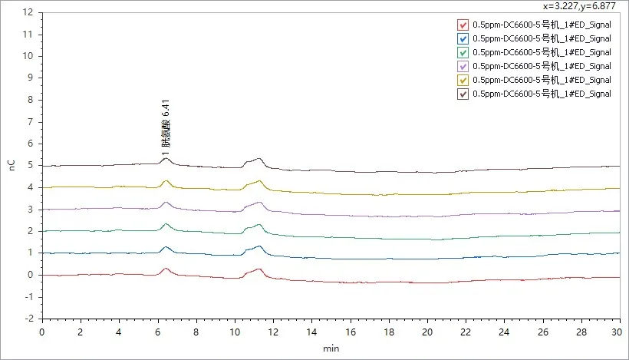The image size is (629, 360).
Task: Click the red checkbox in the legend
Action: [x=463, y=24]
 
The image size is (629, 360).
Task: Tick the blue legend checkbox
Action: [x=463, y=38]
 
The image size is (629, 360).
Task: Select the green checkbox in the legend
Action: [x=463, y=52]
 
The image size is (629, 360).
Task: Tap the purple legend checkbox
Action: [x=463, y=66]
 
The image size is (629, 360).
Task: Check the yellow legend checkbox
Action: [x=463, y=80]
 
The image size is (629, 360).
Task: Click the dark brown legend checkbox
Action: [x=463, y=94]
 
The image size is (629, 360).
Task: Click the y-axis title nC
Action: [x=11, y=165]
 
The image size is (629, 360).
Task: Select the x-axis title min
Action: [x=331, y=348]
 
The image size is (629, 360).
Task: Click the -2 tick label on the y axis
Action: [x=28, y=318]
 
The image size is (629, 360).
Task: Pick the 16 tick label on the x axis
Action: [x=350, y=332]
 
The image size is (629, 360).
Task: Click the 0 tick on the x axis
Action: [x=41, y=332]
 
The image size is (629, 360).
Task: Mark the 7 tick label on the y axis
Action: [x=31, y=121]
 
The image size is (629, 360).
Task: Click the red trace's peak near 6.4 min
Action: [x=166, y=269]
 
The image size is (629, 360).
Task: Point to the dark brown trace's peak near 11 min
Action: [x=259, y=159]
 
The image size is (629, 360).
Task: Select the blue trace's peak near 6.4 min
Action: [x=166, y=247]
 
